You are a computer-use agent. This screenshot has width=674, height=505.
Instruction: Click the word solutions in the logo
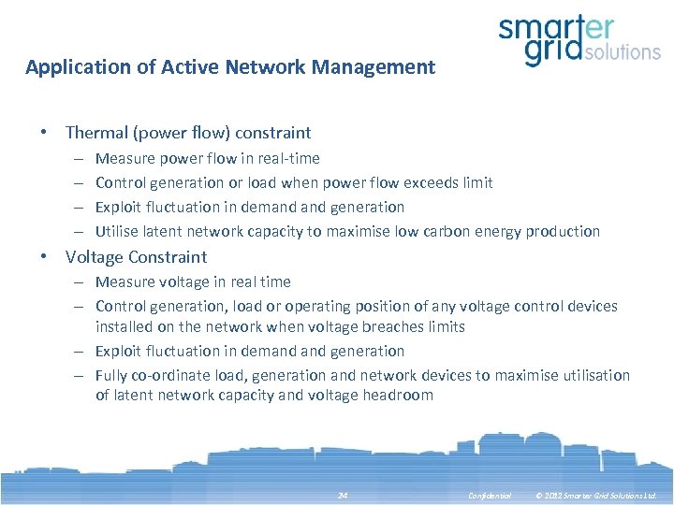tap(622, 50)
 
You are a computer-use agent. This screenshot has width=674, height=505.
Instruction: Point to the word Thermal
tap(96, 133)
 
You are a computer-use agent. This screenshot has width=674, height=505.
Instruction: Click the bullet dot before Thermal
tap(44, 133)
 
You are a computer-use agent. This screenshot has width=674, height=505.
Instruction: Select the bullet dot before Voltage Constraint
tap(44, 256)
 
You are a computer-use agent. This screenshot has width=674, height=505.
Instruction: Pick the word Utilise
tap(117, 231)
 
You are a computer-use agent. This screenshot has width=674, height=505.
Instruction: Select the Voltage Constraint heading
tap(136, 256)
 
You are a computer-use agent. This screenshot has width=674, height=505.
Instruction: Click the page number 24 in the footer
tap(342, 494)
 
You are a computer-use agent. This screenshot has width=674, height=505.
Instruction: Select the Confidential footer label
tap(490, 494)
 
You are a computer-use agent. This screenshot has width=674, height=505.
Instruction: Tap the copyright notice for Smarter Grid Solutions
tap(595, 494)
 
